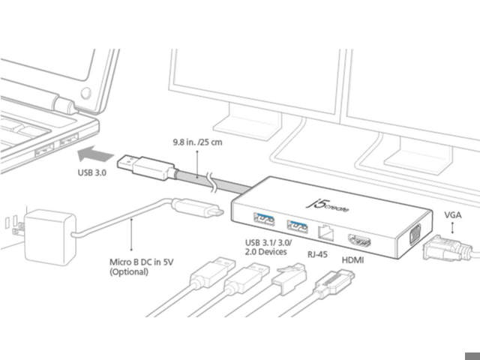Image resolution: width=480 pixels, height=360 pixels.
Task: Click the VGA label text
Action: [453, 214]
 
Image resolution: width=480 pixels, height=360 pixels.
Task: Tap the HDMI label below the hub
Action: [354, 259]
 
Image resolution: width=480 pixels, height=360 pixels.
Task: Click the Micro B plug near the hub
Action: [198, 208]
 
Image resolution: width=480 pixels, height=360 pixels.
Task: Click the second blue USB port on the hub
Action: [298, 224]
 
